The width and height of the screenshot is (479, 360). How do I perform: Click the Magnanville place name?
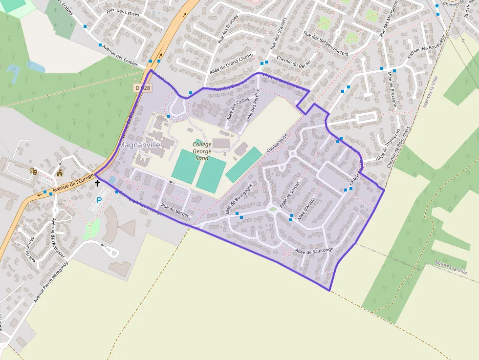[x=140, y=146]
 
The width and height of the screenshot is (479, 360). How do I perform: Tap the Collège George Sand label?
[x=202, y=151]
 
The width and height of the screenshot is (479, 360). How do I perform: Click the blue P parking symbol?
[x=99, y=200]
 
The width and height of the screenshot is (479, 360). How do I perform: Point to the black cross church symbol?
[x=97, y=183]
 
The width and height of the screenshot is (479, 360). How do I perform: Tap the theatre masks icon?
[x=33, y=170]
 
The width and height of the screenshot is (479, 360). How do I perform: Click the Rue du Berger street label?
[x=174, y=211]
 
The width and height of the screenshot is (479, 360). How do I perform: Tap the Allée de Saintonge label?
[x=314, y=251]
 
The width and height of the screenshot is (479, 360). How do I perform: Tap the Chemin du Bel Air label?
[x=294, y=61]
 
